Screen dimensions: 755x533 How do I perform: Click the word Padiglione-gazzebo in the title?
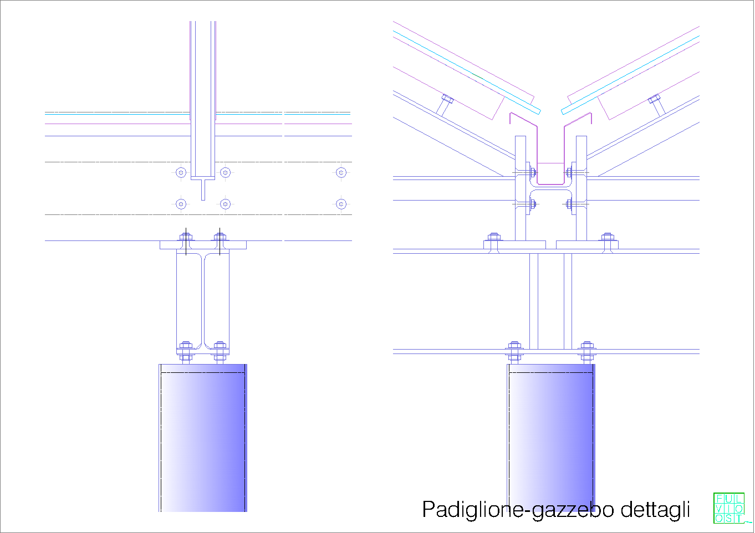(x=518, y=510)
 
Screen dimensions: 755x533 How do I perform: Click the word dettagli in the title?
(x=655, y=510)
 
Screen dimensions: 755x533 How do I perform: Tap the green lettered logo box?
(x=729, y=508)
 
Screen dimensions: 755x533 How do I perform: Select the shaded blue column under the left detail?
(x=203, y=438)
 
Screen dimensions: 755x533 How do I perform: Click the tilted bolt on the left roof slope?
(x=445, y=105)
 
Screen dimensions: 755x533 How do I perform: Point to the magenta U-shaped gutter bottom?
(x=551, y=184)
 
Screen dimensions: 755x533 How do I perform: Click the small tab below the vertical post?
(x=203, y=189)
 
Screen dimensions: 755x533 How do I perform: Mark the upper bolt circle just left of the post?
(x=181, y=172)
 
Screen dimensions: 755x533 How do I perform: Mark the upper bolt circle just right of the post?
(x=225, y=172)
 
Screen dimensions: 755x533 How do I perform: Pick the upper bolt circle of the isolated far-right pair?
(x=341, y=172)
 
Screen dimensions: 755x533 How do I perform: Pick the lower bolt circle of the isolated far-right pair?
(x=341, y=204)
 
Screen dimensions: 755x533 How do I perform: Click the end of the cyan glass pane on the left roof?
(x=539, y=111)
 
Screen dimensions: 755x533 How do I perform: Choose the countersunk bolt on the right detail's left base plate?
(x=494, y=243)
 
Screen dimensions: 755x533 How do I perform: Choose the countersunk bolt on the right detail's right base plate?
(x=608, y=243)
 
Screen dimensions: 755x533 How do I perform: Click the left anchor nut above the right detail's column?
(x=514, y=352)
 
